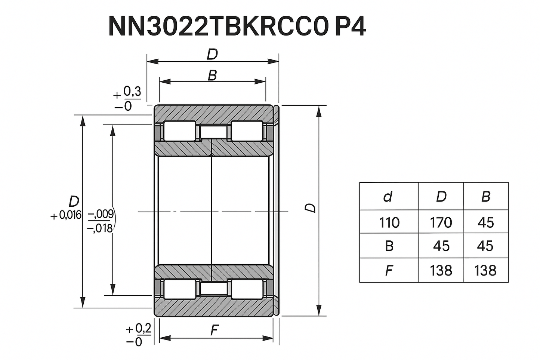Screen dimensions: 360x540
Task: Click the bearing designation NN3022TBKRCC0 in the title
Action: pyautogui.click(x=219, y=27)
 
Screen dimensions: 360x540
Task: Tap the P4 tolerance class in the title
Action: pyautogui.click(x=350, y=27)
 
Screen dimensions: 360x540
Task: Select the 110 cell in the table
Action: pyautogui.click(x=389, y=222)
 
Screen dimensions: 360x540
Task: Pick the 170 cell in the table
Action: pyautogui.click(x=441, y=222)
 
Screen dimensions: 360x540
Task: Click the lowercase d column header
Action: pyautogui.click(x=388, y=196)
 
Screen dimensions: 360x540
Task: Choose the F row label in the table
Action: pyautogui.click(x=389, y=270)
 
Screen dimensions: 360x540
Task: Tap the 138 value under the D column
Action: pyautogui.click(x=441, y=270)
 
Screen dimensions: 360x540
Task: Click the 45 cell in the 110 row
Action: pyautogui.click(x=485, y=222)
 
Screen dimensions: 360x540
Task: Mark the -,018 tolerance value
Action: pyautogui.click(x=100, y=228)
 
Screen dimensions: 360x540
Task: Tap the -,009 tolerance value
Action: pyautogui.click(x=101, y=214)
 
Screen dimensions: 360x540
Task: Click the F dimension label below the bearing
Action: pyautogui.click(x=214, y=330)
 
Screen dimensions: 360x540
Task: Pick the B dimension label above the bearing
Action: pyautogui.click(x=212, y=75)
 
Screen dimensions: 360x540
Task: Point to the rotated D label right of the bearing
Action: pyautogui.click(x=310, y=208)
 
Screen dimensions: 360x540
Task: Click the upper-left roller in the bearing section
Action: pyautogui.click(x=180, y=131)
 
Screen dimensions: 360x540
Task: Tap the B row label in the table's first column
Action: pyautogui.click(x=389, y=246)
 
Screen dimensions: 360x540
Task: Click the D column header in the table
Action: pyautogui.click(x=441, y=196)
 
